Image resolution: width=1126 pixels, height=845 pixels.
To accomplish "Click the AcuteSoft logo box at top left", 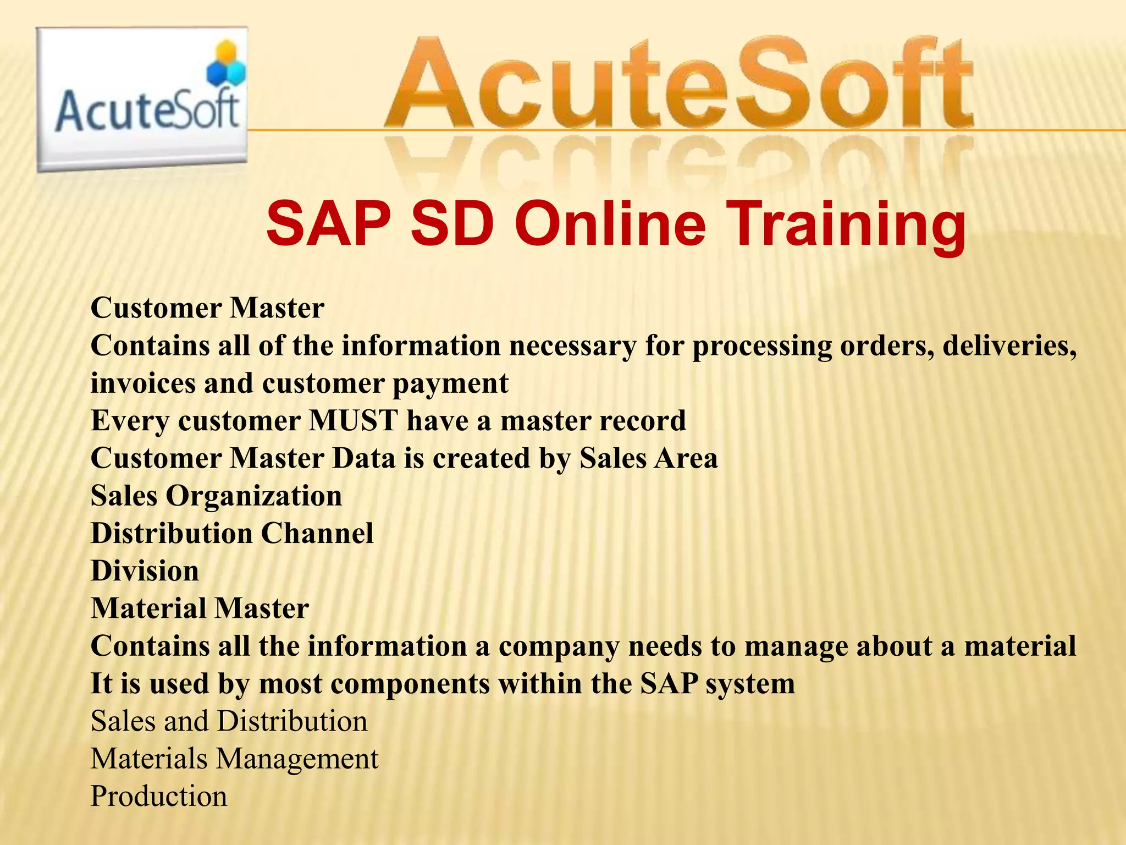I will tap(142, 99).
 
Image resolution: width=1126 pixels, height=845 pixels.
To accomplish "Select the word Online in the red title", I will tap(610, 225).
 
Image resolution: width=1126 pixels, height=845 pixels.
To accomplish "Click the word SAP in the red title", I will tap(329, 225).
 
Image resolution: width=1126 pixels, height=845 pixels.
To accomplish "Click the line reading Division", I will tap(145, 571).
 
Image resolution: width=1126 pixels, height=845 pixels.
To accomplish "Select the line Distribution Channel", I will tap(232, 534).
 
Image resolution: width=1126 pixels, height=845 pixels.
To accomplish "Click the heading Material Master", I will tap(200, 608).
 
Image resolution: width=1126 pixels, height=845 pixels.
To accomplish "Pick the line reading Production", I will tap(159, 797).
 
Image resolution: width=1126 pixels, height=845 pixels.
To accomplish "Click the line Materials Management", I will tap(234, 759).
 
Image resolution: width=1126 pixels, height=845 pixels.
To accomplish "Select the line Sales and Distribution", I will tap(229, 721).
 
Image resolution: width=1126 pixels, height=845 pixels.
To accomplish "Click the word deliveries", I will tap(1009, 346).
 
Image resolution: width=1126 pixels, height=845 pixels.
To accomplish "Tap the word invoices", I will tap(141, 383).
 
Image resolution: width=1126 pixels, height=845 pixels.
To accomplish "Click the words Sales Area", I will tap(648, 459).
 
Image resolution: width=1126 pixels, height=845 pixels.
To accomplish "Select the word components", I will tap(410, 684).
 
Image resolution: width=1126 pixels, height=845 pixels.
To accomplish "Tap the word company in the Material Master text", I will tap(559, 647).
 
